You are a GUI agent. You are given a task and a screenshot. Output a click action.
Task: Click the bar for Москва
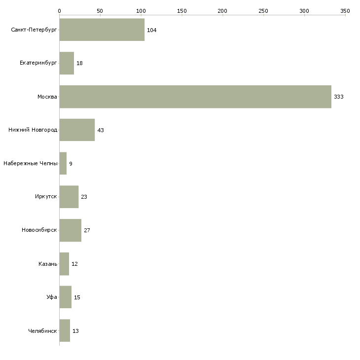pyautogui.click(x=195, y=97)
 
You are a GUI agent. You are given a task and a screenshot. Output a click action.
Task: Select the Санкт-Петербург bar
pyautogui.click(x=102, y=30)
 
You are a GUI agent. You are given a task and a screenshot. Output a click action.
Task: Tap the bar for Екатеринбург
pyautogui.click(x=67, y=63)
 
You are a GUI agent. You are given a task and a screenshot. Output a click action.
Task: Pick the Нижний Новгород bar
pyautogui.click(x=77, y=130)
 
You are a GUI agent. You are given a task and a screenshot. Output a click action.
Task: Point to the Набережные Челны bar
pyautogui.click(x=63, y=163)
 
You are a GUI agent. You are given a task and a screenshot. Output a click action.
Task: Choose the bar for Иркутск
pyautogui.click(x=69, y=197)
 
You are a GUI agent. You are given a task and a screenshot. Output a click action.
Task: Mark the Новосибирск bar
pyautogui.click(x=70, y=230)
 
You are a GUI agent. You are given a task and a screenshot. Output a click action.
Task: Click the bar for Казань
pyautogui.click(x=64, y=264)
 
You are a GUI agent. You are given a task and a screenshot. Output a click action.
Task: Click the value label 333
pyautogui.click(x=339, y=97)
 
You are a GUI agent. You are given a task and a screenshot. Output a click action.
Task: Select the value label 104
pyautogui.click(x=151, y=30)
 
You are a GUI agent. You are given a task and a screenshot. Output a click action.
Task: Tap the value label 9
pyautogui.click(x=71, y=164)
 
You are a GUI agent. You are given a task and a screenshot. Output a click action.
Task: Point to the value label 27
pyautogui.click(x=87, y=230)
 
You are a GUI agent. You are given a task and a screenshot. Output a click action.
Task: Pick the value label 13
pyautogui.click(x=75, y=331)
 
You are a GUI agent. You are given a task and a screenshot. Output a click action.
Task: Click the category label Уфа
pyautogui.click(x=52, y=297)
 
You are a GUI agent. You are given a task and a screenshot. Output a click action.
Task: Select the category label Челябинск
pyautogui.click(x=42, y=331)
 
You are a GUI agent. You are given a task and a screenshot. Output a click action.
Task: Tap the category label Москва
pyautogui.click(x=47, y=97)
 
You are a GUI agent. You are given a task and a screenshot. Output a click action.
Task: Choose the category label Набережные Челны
pyautogui.click(x=30, y=163)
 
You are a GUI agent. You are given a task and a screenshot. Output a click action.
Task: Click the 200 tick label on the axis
pyautogui.click(x=222, y=11)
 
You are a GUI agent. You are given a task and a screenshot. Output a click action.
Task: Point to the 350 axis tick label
pyautogui.click(x=345, y=11)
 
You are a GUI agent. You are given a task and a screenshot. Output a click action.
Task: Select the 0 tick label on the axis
pyautogui.click(x=60, y=11)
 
